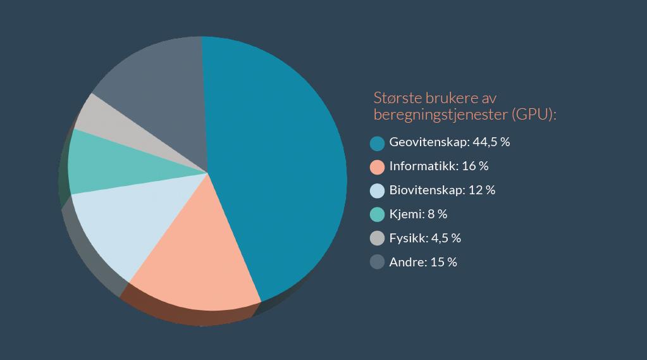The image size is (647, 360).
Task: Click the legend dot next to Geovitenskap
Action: click(378, 143)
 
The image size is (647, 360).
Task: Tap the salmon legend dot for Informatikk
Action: click(378, 167)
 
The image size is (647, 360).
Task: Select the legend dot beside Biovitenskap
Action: click(378, 191)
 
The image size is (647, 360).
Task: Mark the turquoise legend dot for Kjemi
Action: click(378, 215)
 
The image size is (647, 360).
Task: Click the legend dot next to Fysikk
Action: click(378, 239)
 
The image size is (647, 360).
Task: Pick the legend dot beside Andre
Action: click(378, 263)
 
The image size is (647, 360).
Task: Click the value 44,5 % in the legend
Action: click(491, 142)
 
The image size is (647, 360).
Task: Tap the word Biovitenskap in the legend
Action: click(427, 190)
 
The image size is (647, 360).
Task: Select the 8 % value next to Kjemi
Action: click(437, 214)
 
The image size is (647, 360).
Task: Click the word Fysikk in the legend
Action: click(406, 239)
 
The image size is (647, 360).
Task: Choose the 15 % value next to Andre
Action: click(443, 263)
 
